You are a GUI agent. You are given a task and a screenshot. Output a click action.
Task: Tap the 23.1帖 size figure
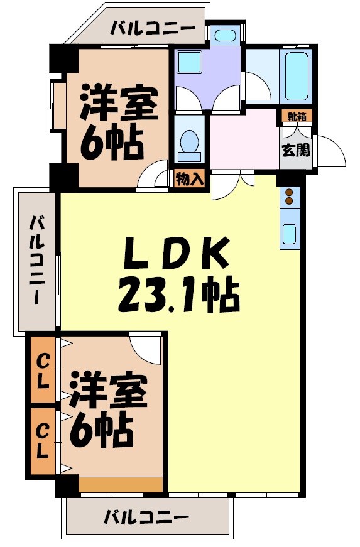(178, 295)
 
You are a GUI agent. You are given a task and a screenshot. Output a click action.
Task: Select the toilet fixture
(189, 145)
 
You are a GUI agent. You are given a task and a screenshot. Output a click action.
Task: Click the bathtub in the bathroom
(297, 78)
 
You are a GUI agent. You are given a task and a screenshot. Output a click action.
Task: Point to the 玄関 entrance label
(295, 151)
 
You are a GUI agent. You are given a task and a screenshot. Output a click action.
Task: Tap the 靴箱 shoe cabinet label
(296, 116)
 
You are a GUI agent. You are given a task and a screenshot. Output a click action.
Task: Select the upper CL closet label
(43, 370)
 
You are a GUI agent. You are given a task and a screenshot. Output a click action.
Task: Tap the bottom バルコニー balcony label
(146, 518)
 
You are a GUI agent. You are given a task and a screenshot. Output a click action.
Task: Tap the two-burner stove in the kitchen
(290, 197)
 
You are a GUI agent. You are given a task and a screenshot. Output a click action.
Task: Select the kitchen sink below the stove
(290, 233)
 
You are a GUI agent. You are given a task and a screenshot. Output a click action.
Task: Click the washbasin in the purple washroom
(188, 63)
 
